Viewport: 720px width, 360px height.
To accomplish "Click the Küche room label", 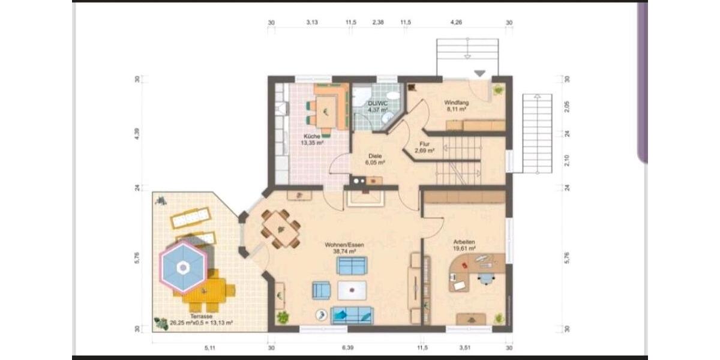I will (x=312, y=139).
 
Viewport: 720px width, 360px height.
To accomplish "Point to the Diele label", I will (x=376, y=158).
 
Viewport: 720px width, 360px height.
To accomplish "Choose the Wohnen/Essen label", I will (x=344, y=248).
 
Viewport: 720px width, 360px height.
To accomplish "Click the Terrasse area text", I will (x=202, y=319).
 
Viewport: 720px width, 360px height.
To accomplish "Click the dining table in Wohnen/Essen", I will (x=280, y=228).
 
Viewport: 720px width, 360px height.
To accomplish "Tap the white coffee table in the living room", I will (x=352, y=290).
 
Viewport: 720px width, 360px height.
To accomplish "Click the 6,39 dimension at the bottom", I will (x=347, y=348).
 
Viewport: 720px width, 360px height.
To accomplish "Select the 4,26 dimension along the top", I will (x=457, y=23).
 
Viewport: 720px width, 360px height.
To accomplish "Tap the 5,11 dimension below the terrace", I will (x=209, y=348).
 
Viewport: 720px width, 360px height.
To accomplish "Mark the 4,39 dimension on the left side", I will (x=137, y=134).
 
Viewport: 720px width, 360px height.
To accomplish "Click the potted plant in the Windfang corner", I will (x=498, y=90).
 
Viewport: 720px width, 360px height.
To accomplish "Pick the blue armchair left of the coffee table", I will (x=321, y=290).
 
